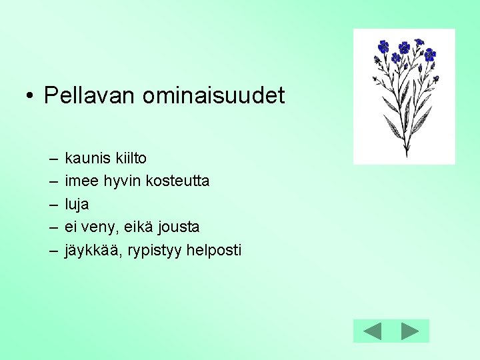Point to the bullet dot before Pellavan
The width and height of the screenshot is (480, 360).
(x=30, y=97)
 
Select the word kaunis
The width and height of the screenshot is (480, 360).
(x=87, y=159)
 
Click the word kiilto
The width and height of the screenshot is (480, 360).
(x=130, y=159)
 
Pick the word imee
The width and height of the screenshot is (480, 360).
(x=80, y=181)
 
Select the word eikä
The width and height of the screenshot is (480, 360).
(x=137, y=227)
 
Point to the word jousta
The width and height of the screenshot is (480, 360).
(x=179, y=227)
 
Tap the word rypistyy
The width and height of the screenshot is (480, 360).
(x=151, y=251)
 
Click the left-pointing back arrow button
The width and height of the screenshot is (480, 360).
(x=372, y=331)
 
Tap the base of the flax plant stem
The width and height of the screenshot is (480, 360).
(x=406, y=154)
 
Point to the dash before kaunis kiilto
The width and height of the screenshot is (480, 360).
(x=52, y=159)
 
